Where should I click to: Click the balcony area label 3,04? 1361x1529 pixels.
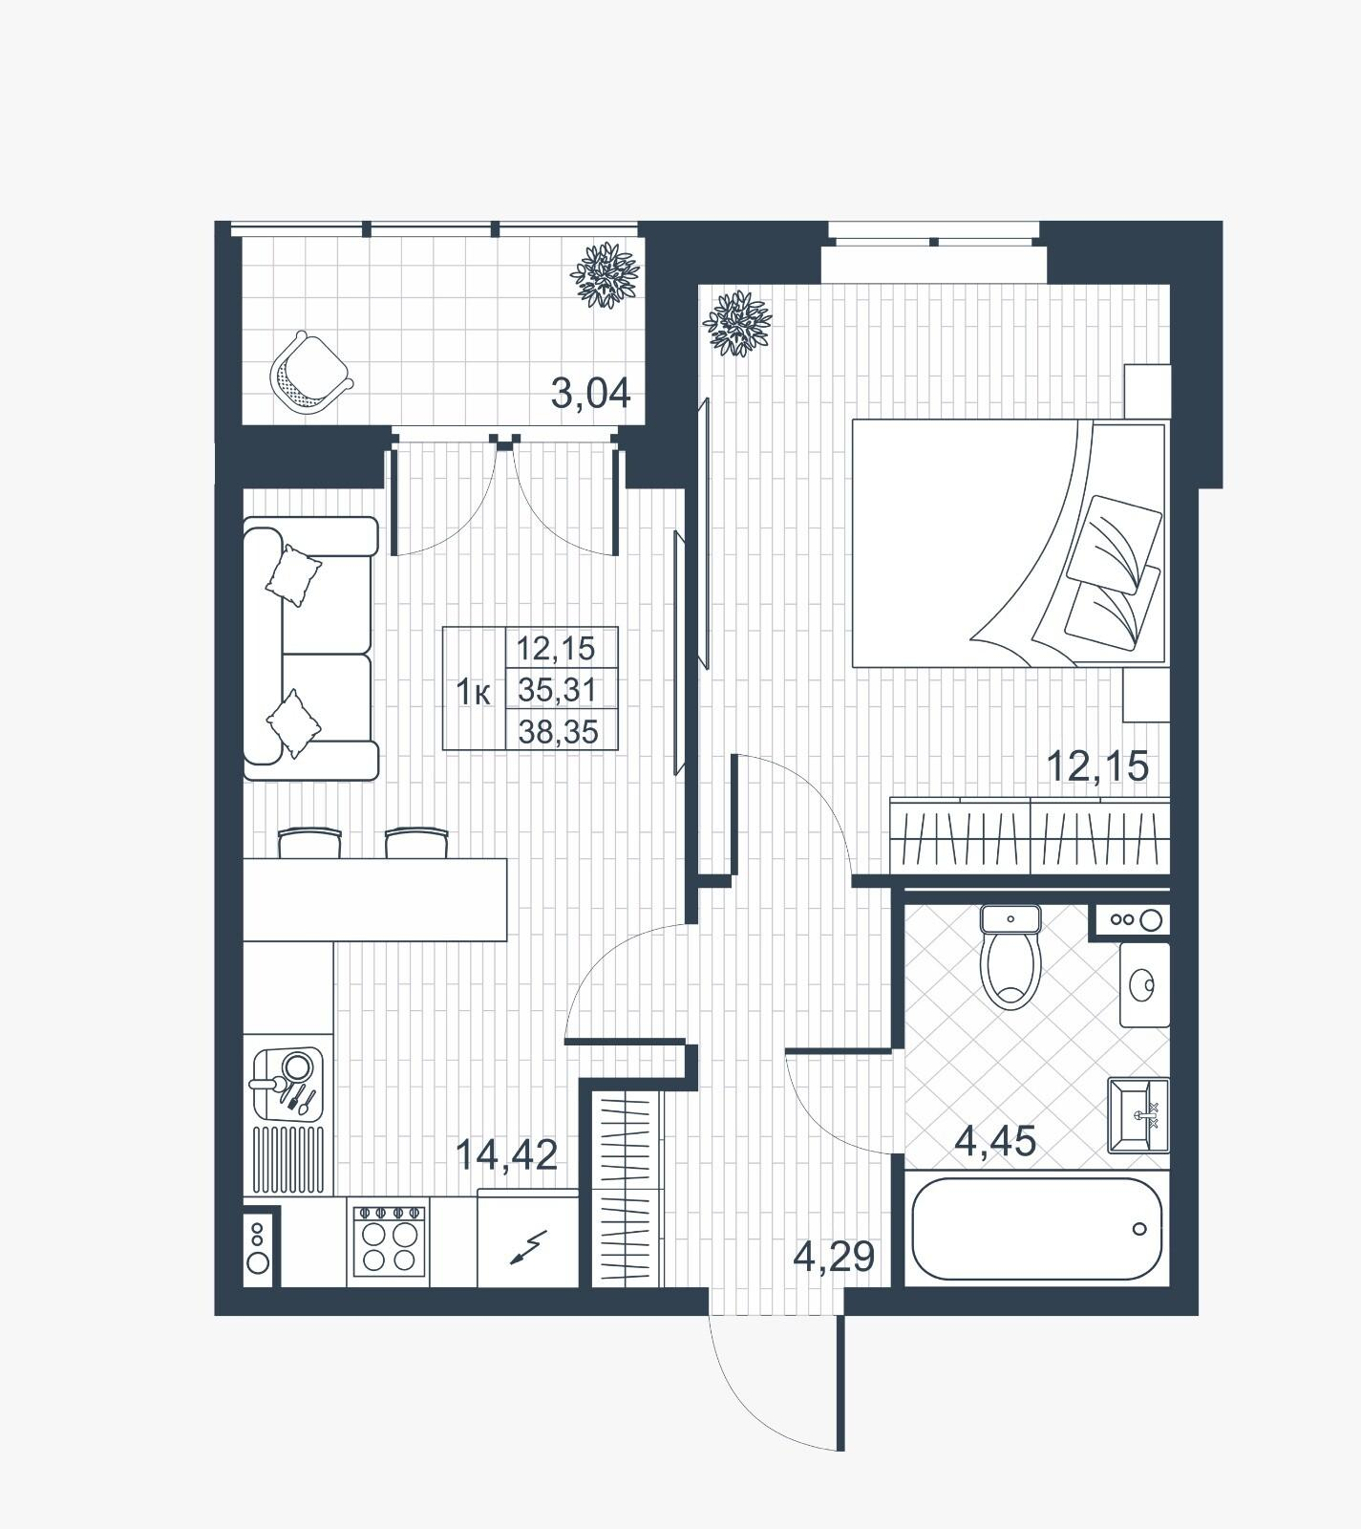click(591, 393)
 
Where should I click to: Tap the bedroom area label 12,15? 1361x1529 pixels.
click(1097, 765)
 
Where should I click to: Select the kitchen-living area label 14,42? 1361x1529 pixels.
click(506, 1155)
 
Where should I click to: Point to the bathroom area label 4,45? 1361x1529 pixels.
click(995, 1141)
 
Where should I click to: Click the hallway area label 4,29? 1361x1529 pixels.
click(834, 1257)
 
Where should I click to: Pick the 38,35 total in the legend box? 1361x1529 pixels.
click(558, 732)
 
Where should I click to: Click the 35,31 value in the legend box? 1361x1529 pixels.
click(557, 688)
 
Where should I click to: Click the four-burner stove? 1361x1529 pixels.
click(387, 1239)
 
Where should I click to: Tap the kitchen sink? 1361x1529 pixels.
click(287, 1085)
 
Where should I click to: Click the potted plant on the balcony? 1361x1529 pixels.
click(604, 275)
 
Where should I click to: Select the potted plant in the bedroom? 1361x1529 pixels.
click(736, 324)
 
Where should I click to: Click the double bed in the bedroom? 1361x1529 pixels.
click(1010, 543)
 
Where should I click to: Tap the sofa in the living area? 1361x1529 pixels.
click(310, 649)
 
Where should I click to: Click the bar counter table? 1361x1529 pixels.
click(374, 899)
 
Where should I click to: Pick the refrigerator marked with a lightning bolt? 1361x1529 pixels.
click(527, 1238)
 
